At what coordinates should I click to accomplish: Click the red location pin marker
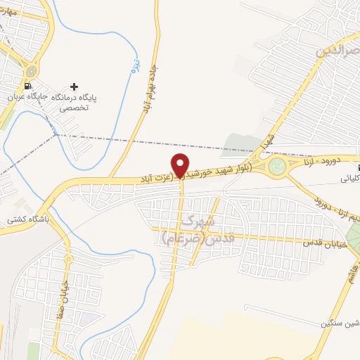coord(181,165)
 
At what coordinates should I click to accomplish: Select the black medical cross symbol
coord(75,86)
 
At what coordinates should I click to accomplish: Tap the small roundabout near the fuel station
coord(30,71)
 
